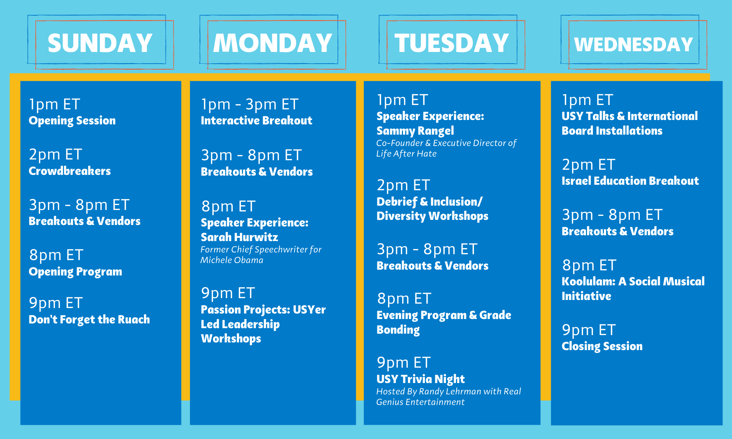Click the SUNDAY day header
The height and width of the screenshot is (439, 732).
[100, 43]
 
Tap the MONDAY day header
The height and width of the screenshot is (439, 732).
[273, 43]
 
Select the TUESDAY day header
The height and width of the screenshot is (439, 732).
[452, 43]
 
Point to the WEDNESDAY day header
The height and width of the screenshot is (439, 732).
[634, 45]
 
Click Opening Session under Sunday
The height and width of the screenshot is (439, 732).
[72, 121]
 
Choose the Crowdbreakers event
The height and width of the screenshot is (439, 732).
[70, 171]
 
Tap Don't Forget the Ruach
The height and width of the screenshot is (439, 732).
[89, 319]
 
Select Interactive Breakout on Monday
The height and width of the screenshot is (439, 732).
[256, 120]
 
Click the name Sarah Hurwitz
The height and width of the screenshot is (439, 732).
[239, 237]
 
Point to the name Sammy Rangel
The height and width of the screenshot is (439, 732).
[415, 131]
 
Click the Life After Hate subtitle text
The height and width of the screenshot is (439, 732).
[406, 154]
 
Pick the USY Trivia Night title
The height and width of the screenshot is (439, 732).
[421, 379]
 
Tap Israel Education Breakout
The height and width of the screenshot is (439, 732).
[630, 181]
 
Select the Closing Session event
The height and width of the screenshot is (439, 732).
[602, 346]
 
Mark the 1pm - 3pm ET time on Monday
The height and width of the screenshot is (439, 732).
[250, 105]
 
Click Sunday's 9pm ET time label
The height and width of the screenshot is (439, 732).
[56, 303]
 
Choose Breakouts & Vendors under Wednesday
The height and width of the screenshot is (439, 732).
[617, 231]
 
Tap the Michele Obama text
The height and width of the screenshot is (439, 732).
[232, 260]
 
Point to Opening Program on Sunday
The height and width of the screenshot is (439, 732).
[75, 272]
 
